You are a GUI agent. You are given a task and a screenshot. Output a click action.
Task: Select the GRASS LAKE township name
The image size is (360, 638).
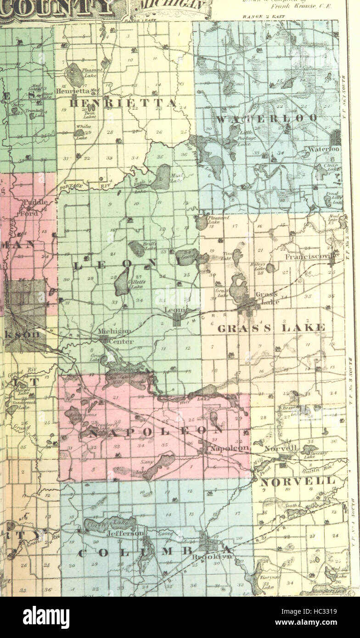[271, 328]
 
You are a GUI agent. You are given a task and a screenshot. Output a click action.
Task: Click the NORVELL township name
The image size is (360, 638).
[298, 481]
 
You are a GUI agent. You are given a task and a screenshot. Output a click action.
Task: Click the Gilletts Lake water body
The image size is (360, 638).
[122, 281]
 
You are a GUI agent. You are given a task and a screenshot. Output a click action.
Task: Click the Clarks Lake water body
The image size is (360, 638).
[110, 524]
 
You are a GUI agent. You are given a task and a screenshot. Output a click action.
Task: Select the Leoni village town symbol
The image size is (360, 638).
[177, 319]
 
